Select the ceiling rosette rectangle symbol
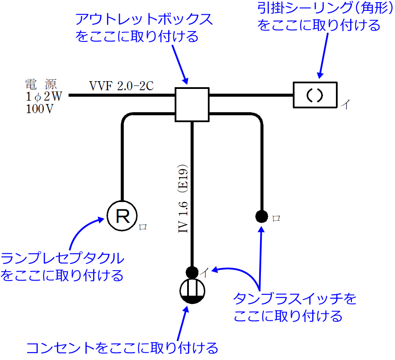pos(315,95)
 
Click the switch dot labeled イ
pos(192,272)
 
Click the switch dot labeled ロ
pos(261,216)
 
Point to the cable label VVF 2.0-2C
pos(121,85)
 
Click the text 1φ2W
pos(44,96)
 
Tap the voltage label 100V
pos(40,109)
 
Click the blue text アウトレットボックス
pos(144,20)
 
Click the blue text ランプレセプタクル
pos(63,259)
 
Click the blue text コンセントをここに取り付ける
pos(122,348)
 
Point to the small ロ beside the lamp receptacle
pos(144,227)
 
